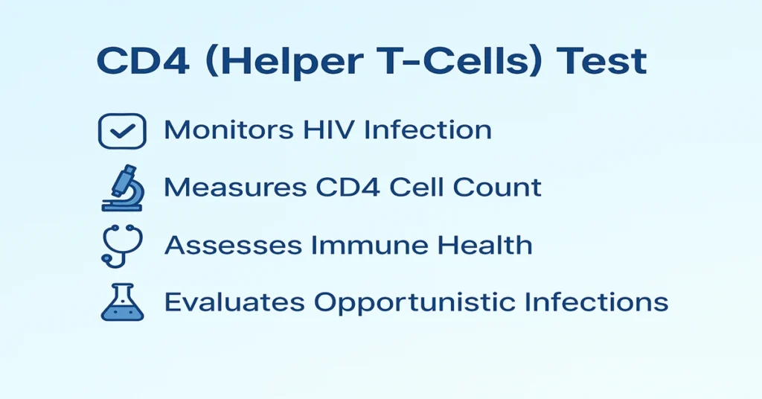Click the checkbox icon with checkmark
tap(121, 131)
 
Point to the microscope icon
tap(121, 188)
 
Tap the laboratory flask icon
tap(121, 302)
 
